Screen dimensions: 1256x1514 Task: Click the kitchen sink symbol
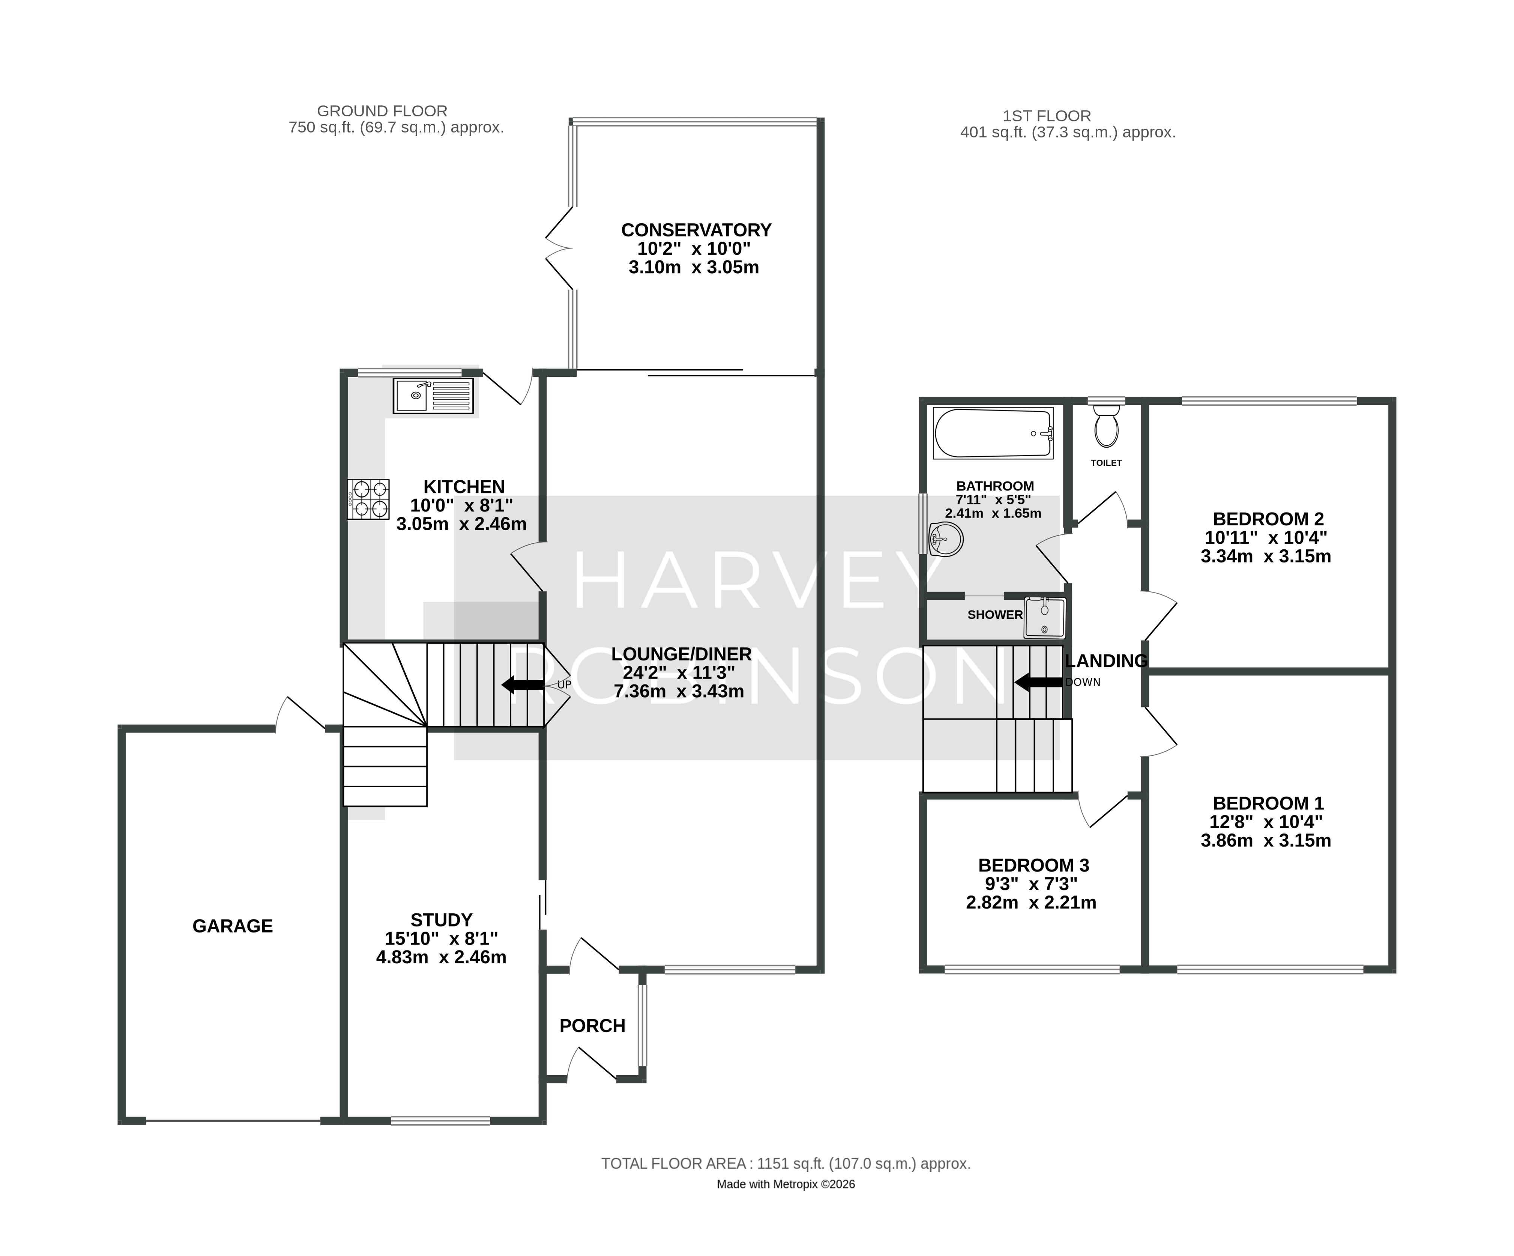433,396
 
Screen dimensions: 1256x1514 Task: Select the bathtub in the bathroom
993,433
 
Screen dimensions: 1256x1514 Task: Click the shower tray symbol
1044,618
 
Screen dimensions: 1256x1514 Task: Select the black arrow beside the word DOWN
1038,681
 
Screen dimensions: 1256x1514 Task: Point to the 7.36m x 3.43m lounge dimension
679,692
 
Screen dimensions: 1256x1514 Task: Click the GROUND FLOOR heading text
382,111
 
